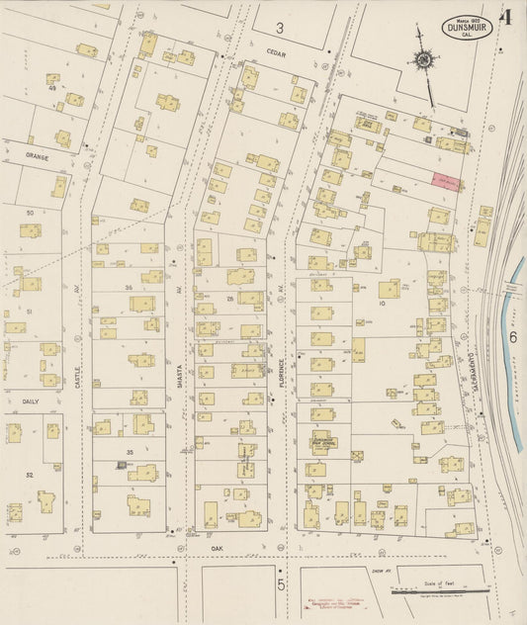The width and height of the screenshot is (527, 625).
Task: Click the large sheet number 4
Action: [506, 17]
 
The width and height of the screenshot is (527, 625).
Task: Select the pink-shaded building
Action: [446, 181]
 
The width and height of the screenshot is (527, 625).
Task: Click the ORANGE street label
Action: [38, 155]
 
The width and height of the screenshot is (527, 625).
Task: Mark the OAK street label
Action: [218, 547]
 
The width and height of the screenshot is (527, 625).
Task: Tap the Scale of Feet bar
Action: [440, 592]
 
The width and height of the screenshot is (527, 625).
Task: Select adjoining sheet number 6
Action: [513, 336]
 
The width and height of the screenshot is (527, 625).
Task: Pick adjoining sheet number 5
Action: [281, 585]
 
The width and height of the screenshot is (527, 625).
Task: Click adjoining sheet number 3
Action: [280, 28]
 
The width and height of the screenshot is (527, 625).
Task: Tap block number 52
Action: [30, 475]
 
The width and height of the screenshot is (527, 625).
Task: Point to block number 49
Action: [52, 88]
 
